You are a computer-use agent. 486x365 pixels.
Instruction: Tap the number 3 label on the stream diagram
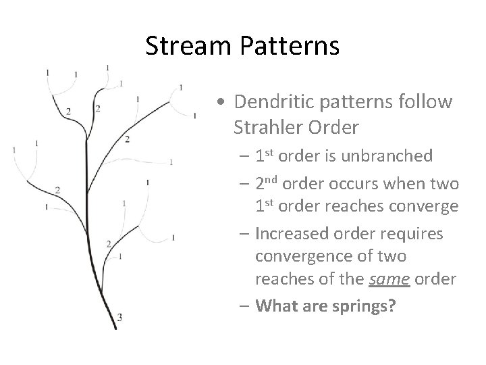tap(119, 316)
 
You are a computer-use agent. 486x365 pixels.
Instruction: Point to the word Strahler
tap(265, 126)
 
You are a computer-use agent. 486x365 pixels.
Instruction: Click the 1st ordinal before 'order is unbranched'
tap(266, 156)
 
